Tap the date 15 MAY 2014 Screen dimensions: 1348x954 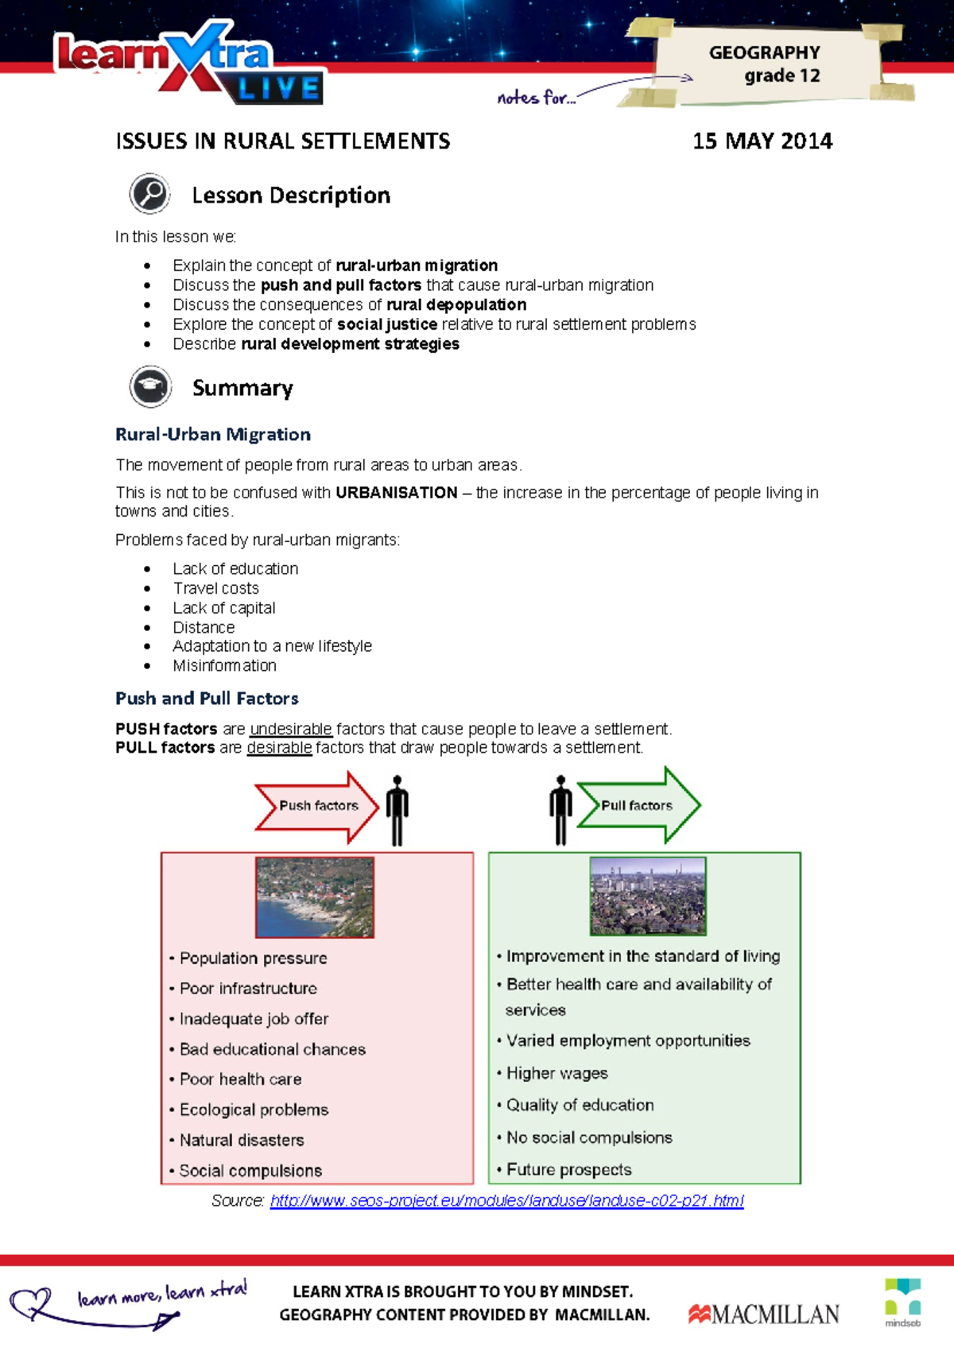[x=762, y=141]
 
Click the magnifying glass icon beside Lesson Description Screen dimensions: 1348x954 [x=149, y=194]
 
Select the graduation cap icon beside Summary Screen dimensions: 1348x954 [x=150, y=387]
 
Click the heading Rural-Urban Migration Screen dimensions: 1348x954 [x=213, y=435]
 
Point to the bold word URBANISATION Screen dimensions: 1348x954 [x=396, y=493]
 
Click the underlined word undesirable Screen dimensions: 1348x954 [x=290, y=729]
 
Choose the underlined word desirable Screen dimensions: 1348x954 [x=279, y=748]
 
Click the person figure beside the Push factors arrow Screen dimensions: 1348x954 [x=397, y=810]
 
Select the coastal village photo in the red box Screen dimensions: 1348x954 [x=315, y=897]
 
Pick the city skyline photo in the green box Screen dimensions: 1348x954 [x=648, y=895]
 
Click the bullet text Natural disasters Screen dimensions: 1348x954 [x=242, y=1141]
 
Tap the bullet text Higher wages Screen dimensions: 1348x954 [x=556, y=1074]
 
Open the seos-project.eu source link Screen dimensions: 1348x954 [x=506, y=1200]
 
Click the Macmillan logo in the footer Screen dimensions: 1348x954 [x=763, y=1314]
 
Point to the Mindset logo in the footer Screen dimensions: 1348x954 [x=902, y=1301]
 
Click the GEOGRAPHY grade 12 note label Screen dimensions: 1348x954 [x=766, y=64]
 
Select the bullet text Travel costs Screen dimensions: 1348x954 [x=215, y=588]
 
